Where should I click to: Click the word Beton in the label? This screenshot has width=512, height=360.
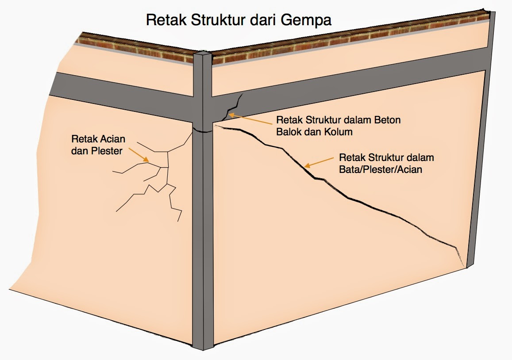click(x=388, y=120)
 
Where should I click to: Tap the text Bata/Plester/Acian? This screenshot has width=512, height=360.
click(x=380, y=169)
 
